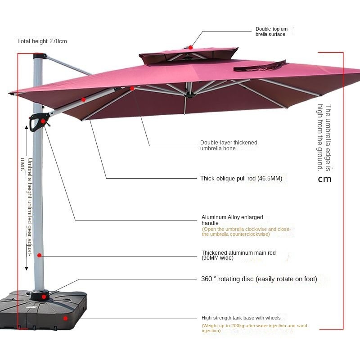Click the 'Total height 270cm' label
[42, 41]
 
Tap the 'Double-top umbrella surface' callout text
[272, 31]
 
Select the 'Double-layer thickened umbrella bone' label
[229, 145]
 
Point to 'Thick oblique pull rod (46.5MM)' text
[241, 179]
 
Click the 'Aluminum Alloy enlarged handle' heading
[232, 220]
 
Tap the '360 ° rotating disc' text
[259, 279]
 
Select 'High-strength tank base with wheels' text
[241, 318]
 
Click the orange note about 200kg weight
[254, 328]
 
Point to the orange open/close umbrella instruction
[246, 232]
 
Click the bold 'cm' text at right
[324, 179]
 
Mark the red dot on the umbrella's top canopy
[191, 47]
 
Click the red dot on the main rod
[40, 255]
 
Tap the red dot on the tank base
[65, 318]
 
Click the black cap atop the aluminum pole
[40, 56]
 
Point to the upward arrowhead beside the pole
[27, 128]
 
